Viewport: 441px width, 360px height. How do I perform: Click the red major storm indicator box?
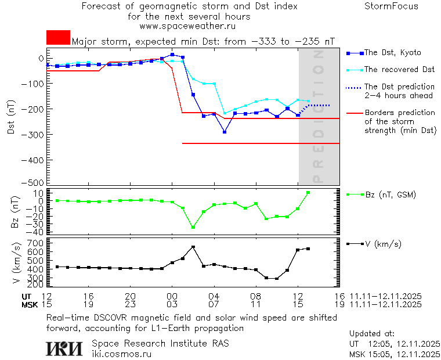(x=58, y=37)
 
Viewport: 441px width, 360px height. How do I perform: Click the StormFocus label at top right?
(x=391, y=6)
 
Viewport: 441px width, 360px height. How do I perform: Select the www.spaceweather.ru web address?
(x=187, y=26)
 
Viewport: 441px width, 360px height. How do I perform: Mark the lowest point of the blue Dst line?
(x=225, y=132)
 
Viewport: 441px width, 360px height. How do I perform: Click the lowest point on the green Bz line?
(x=193, y=227)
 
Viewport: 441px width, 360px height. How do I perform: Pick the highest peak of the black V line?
(x=193, y=247)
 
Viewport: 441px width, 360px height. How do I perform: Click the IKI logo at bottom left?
(x=64, y=348)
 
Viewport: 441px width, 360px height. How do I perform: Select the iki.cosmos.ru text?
(x=122, y=353)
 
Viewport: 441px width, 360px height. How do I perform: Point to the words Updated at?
(x=372, y=334)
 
